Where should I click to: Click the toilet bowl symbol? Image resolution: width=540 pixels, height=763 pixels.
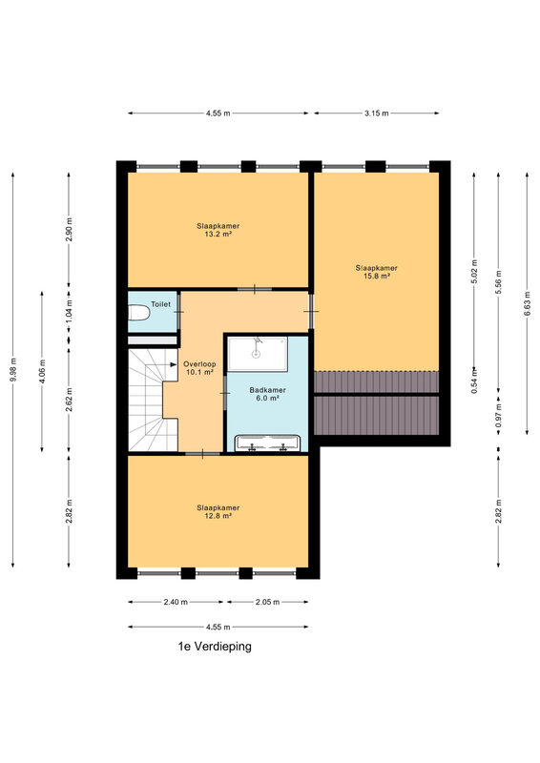[138, 313]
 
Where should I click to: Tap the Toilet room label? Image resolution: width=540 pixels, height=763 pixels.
[160, 304]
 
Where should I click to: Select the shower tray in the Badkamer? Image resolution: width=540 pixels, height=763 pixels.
[258, 354]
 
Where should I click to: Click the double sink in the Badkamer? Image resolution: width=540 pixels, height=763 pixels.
[267, 443]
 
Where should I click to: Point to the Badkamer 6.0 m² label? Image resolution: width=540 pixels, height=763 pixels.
[267, 394]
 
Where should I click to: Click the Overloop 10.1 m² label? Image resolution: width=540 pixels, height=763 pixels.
[199, 368]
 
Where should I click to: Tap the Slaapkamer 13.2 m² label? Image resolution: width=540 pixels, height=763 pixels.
[218, 230]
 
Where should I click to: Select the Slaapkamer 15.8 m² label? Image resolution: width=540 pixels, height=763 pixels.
[377, 272]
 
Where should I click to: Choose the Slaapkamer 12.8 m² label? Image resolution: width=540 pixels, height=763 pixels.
[218, 511]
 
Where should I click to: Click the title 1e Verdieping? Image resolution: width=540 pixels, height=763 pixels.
[215, 647]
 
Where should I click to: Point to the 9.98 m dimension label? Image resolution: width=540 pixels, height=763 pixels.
[13, 370]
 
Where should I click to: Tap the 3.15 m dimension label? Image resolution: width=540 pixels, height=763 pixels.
[377, 113]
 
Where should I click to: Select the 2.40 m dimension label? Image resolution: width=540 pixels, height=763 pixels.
[176, 602]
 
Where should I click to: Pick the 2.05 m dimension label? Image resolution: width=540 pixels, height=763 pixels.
[267, 602]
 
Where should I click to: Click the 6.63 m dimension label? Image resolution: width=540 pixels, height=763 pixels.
[528, 303]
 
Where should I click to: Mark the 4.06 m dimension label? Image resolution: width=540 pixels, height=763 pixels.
[42, 371]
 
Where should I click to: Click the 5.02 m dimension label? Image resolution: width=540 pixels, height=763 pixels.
[475, 272]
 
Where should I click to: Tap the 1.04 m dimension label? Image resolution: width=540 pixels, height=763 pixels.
[69, 308]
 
